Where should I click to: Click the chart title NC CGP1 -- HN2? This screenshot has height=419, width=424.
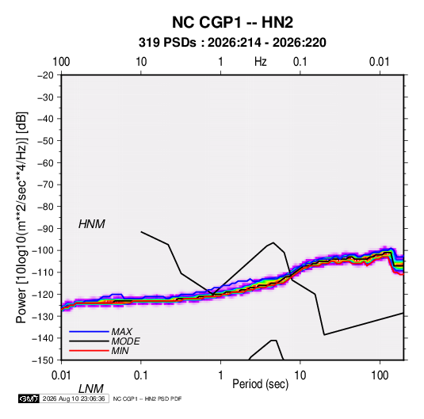(232, 22)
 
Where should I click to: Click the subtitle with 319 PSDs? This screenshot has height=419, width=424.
(232, 43)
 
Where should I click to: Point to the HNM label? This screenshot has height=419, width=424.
(92, 224)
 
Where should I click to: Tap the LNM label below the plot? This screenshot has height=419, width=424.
(91, 389)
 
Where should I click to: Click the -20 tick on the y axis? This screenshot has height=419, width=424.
(45, 75)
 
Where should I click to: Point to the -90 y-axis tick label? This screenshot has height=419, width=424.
(45, 229)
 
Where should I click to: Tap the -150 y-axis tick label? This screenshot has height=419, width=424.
(44, 360)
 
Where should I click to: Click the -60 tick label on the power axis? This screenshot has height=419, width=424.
(45, 163)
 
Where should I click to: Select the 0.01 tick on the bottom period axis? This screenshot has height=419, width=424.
(61, 375)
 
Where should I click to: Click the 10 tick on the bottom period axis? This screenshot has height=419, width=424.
(300, 375)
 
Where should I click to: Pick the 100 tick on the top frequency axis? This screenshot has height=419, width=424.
(61, 62)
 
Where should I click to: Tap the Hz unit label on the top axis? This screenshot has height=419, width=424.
(261, 62)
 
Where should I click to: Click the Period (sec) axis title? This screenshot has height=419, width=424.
(261, 384)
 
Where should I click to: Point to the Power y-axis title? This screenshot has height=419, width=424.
(21, 217)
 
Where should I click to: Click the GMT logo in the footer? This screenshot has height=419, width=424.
(29, 398)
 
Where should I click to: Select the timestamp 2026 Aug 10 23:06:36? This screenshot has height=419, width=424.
(74, 398)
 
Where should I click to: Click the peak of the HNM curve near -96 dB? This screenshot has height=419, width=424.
(273, 242)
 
